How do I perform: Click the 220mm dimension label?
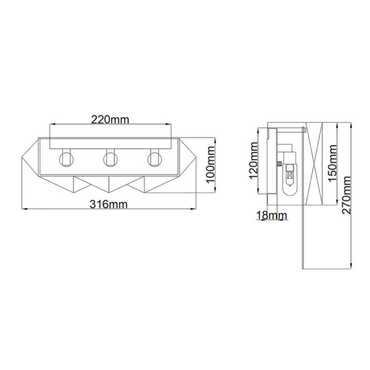(110, 120)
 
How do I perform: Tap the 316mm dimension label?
(109, 204)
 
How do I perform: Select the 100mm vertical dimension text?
(210, 165)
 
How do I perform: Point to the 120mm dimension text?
(254, 160)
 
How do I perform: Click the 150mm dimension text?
(333, 163)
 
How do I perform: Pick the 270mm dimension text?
(347, 195)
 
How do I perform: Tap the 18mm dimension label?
(271, 215)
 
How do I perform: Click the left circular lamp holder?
(67, 159)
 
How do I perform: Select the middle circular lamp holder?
(110, 159)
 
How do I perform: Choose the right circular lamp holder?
(155, 159)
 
